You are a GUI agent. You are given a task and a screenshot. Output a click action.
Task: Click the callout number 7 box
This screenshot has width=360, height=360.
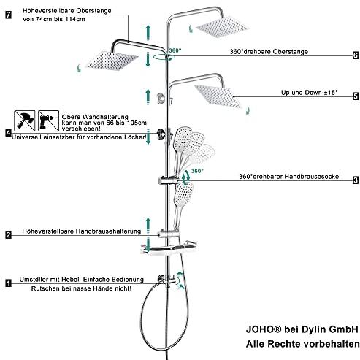(x=9, y=15)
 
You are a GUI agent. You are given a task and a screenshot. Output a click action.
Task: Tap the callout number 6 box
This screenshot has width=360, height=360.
(x=356, y=55)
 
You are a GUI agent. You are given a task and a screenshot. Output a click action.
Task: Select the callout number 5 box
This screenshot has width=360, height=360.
(x=356, y=96)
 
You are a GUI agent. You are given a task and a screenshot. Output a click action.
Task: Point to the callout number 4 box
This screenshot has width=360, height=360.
(x=9, y=133)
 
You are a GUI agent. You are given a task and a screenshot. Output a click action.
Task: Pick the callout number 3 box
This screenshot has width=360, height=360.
(x=356, y=180)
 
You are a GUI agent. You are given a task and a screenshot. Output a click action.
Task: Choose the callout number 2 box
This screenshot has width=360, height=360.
(x=9, y=235)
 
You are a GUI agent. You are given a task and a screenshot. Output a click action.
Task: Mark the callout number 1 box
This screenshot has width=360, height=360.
(x=9, y=283)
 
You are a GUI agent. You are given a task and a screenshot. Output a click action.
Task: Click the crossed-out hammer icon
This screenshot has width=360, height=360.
(x=24, y=120)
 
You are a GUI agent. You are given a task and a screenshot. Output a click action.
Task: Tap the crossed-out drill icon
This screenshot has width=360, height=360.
(x=48, y=120)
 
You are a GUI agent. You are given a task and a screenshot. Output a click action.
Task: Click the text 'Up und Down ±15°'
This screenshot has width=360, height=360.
(x=309, y=93)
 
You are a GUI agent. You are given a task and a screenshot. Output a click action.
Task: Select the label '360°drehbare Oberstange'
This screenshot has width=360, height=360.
(x=269, y=52)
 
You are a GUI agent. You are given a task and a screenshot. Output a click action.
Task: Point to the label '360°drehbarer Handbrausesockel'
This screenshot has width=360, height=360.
(x=290, y=177)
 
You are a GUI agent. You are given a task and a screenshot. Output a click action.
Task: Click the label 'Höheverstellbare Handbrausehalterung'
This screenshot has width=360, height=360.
(x=82, y=231)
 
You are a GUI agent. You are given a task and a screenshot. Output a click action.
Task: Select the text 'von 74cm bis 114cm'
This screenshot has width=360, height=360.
(x=54, y=19)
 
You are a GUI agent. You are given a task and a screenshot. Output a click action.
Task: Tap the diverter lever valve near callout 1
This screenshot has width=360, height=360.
(x=167, y=280)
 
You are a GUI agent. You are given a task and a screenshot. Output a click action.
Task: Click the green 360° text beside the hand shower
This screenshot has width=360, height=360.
(x=197, y=171)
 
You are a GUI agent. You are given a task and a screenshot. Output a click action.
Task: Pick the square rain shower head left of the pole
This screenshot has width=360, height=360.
(x=112, y=61)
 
